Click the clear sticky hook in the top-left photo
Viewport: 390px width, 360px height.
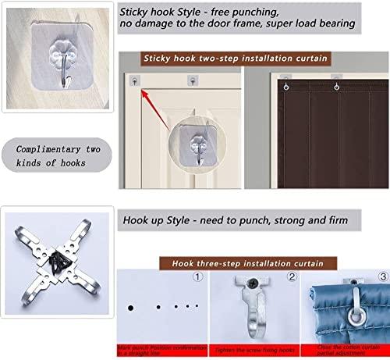pyautogui.click(x=54, y=62)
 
